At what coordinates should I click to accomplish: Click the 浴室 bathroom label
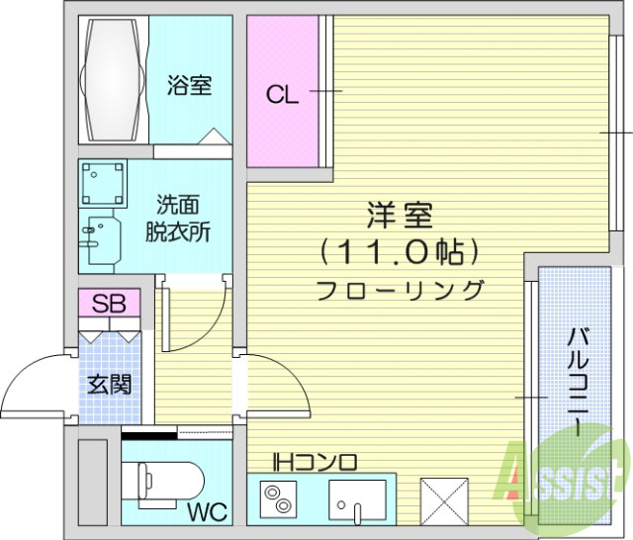pos(189,86)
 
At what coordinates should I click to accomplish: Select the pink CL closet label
pos(282,95)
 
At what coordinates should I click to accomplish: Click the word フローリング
pos(401,291)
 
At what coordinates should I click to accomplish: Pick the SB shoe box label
pos(109,304)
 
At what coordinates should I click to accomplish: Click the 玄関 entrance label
pos(110,385)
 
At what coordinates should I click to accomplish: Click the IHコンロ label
pos(316,462)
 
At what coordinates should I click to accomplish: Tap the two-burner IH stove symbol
pos(278,497)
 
